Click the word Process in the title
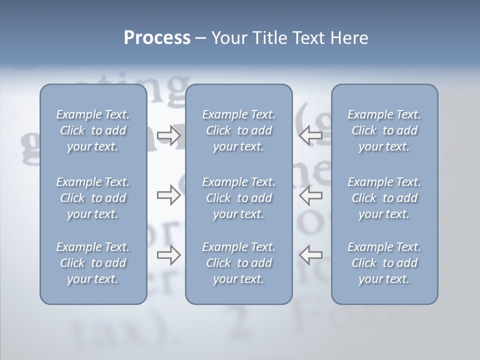[157, 38]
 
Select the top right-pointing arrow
[169, 135]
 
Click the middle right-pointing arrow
[169, 195]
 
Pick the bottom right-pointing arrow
[169, 254]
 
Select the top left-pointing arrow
[311, 135]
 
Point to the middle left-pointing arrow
[311, 195]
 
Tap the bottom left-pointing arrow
[311, 254]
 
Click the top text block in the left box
[93, 130]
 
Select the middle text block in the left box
[93, 198]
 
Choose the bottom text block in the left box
[93, 263]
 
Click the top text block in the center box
[239, 130]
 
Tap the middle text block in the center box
[239, 198]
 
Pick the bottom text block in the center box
[239, 263]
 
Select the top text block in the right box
[384, 130]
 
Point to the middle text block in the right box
[384, 198]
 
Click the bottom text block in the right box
[384, 263]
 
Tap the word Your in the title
[227, 38]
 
